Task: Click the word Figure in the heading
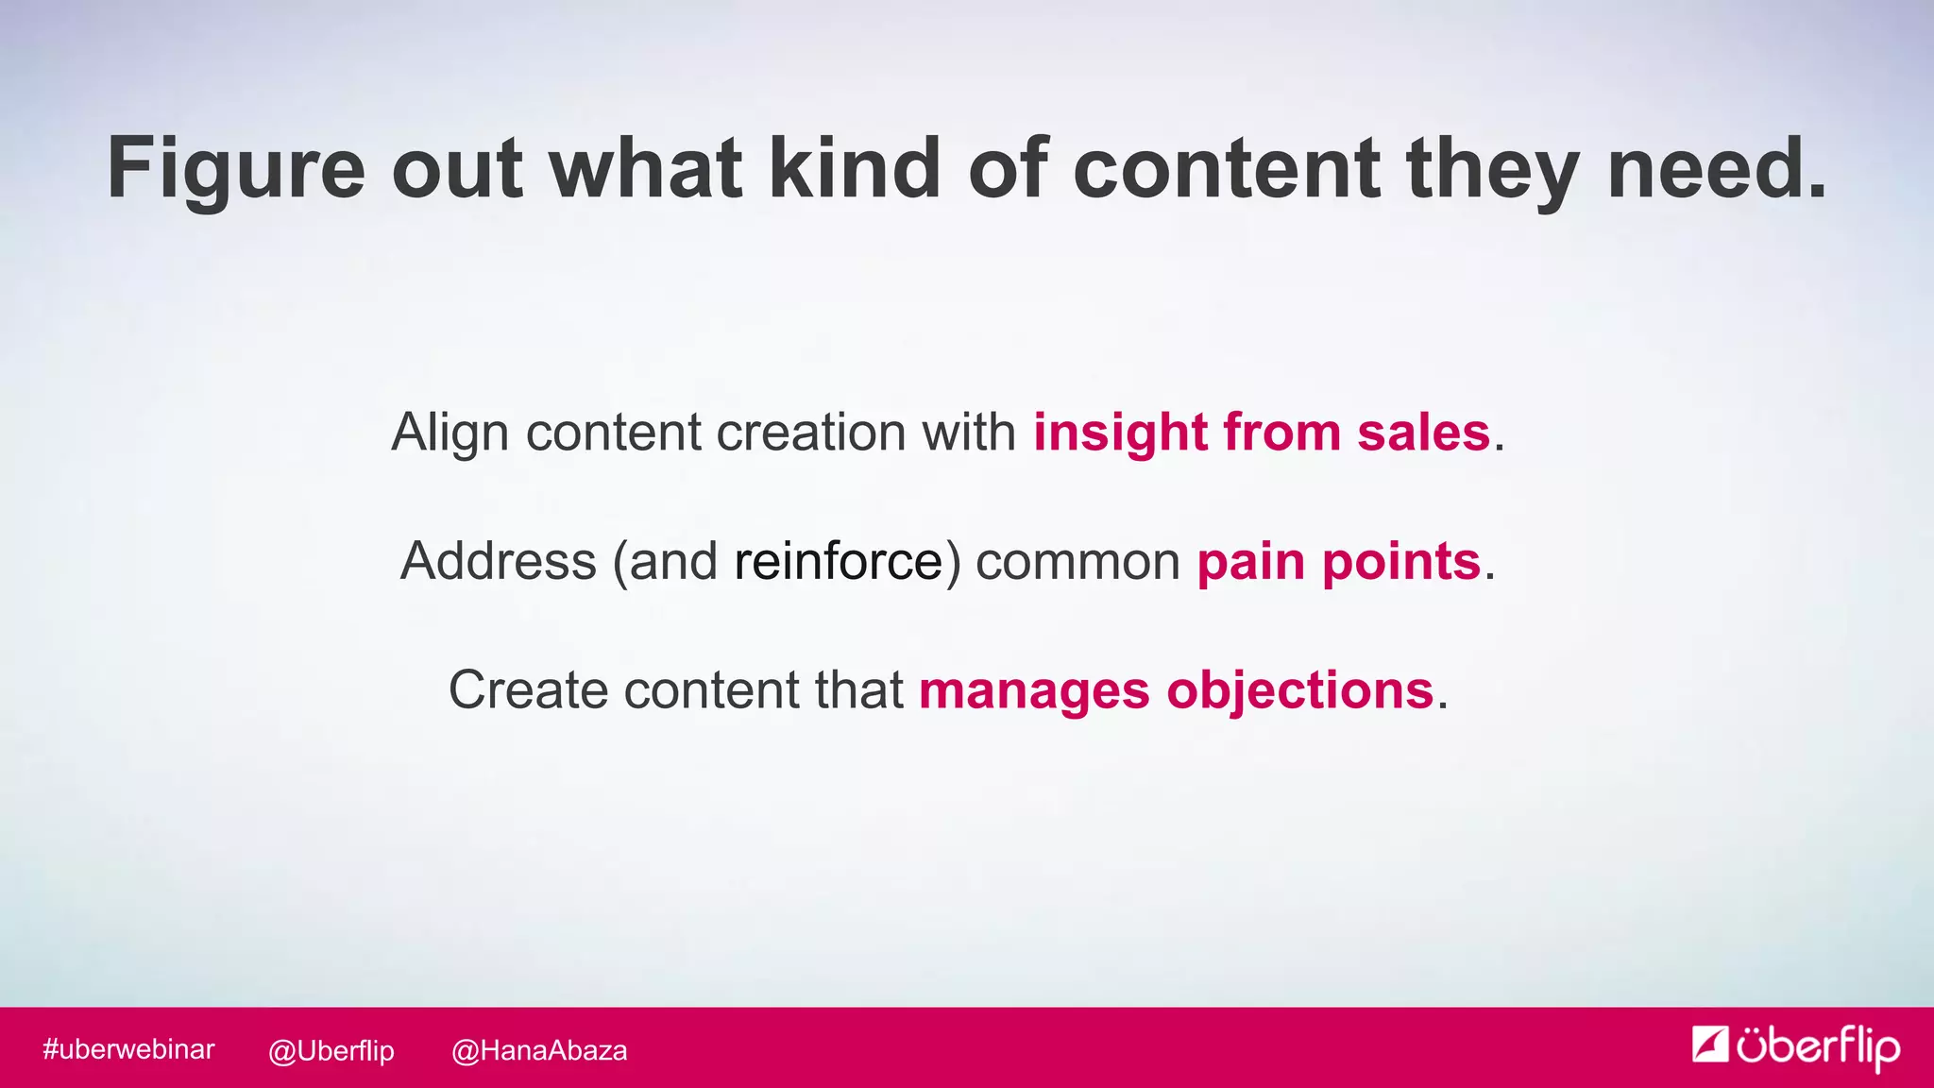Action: pyautogui.click(x=236, y=170)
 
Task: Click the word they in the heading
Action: pyautogui.click(x=1492, y=170)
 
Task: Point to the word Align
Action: pyautogui.click(x=450, y=433)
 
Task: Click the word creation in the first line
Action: pyautogui.click(x=811, y=433)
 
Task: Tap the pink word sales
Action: pyautogui.click(x=1423, y=433)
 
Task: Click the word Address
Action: pyautogui.click(x=499, y=561)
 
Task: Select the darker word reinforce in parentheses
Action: pyautogui.click(x=839, y=561)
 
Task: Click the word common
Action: pyautogui.click(x=1077, y=562)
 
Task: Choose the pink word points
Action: pyautogui.click(x=1400, y=562)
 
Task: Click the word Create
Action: pyautogui.click(x=528, y=690)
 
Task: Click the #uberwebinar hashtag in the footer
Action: pyautogui.click(x=128, y=1049)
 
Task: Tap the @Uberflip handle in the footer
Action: pyautogui.click(x=331, y=1050)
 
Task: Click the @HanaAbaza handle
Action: pyautogui.click(x=539, y=1050)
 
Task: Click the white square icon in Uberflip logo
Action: pyautogui.click(x=1709, y=1044)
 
